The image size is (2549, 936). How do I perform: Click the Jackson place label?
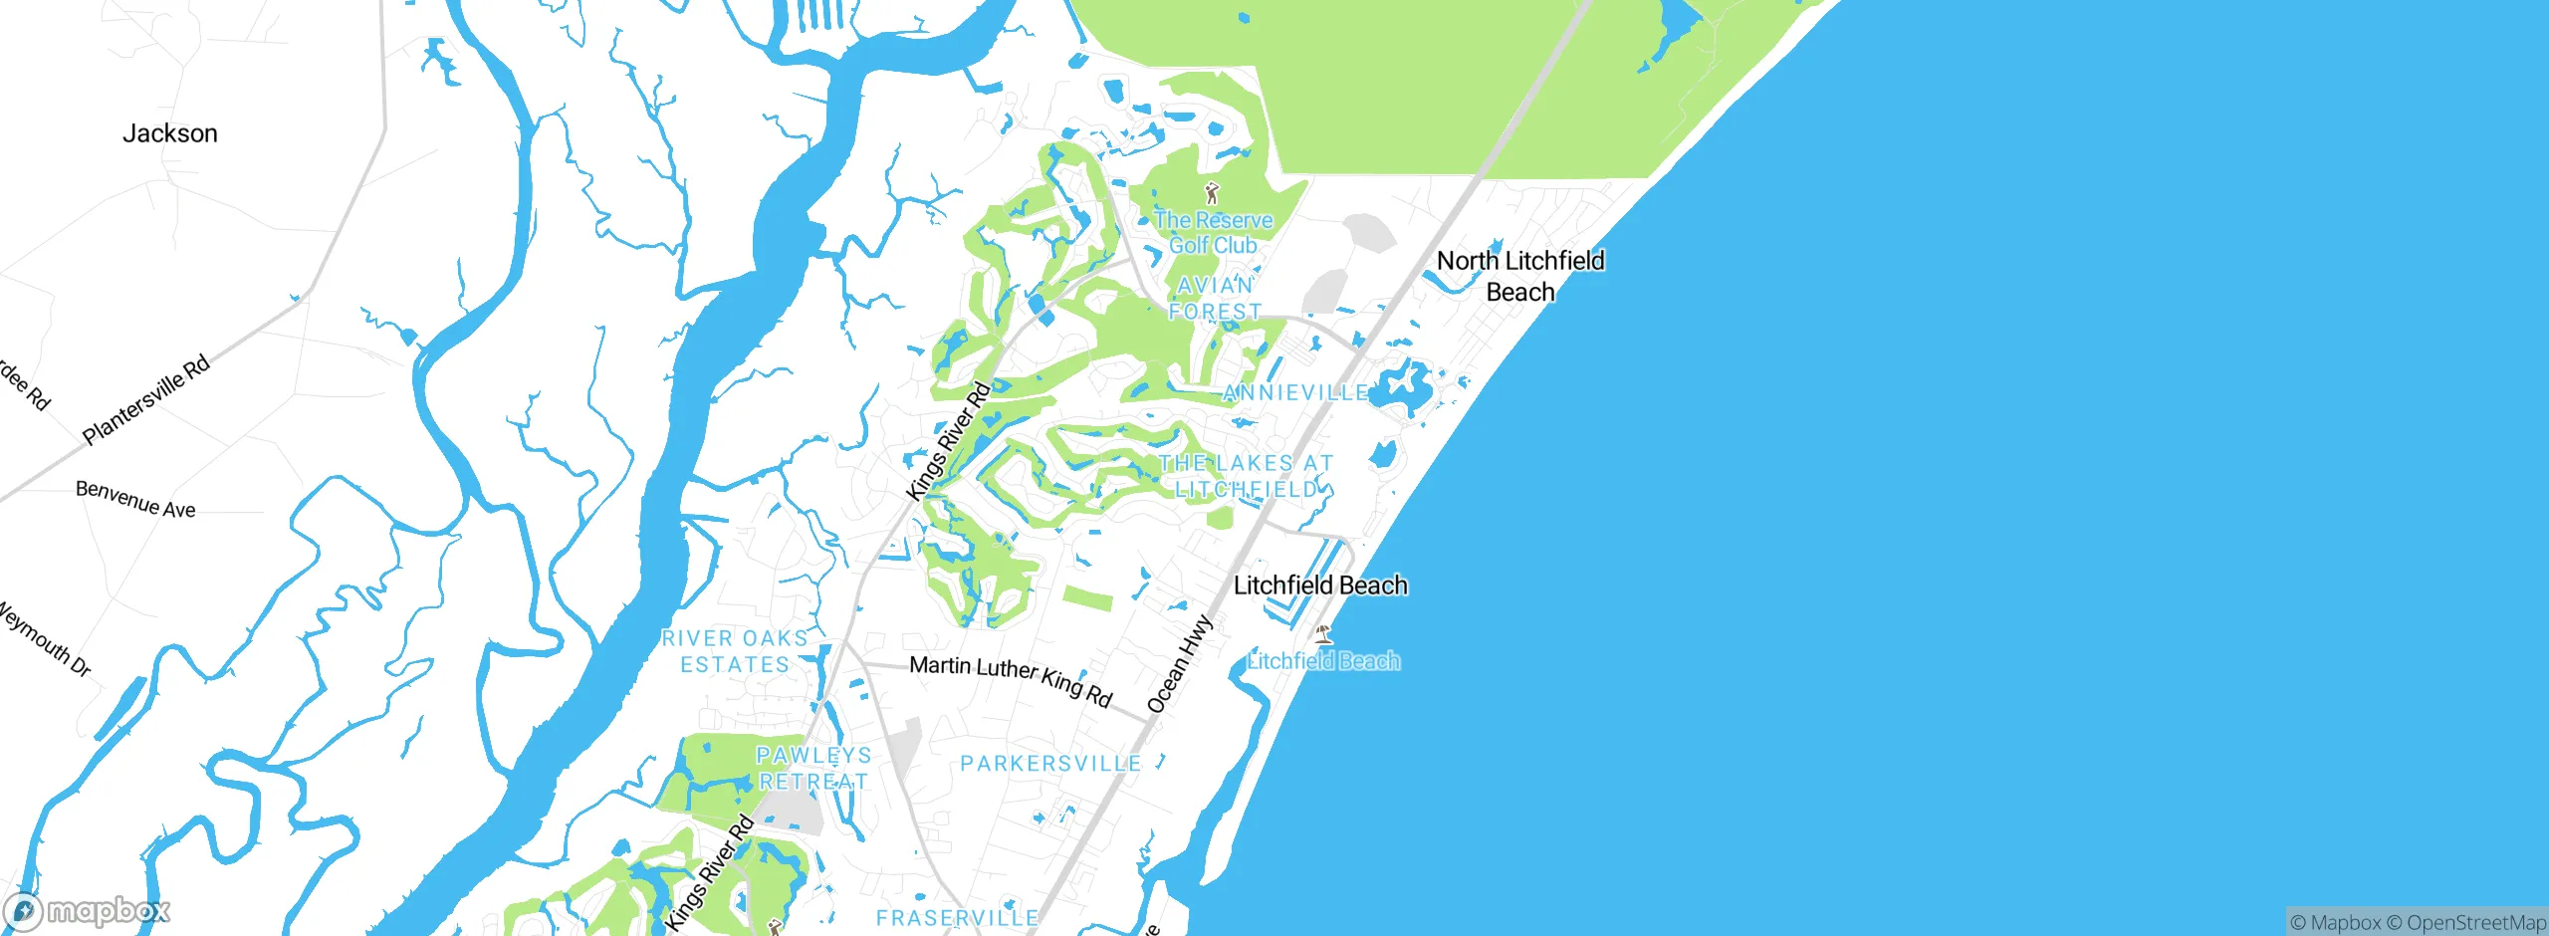pos(169,133)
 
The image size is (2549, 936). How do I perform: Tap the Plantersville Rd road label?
pos(146,398)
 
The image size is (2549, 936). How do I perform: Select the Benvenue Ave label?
pos(135,500)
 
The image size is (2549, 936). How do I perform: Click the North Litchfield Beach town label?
pos(1520,276)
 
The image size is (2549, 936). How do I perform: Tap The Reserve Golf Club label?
pos(1213,233)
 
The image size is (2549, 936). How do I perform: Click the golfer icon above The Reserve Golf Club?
pos(1212,193)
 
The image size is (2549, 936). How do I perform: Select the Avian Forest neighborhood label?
pos(1215,298)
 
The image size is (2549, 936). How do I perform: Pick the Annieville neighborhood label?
pos(1295,393)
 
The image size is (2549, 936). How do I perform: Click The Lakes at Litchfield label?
pos(1246,476)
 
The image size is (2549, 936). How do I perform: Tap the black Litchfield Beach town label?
pos(1320,585)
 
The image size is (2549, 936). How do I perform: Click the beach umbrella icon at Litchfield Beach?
pos(1323,633)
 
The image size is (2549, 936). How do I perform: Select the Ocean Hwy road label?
pos(1180,664)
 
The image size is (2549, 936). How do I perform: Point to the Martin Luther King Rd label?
pos(1011,680)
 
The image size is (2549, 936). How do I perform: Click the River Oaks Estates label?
pos(735,651)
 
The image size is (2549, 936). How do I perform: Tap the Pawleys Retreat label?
pos(813,769)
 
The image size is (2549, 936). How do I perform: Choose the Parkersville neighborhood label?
pos(1050,764)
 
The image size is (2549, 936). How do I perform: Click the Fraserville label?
pos(957,918)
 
